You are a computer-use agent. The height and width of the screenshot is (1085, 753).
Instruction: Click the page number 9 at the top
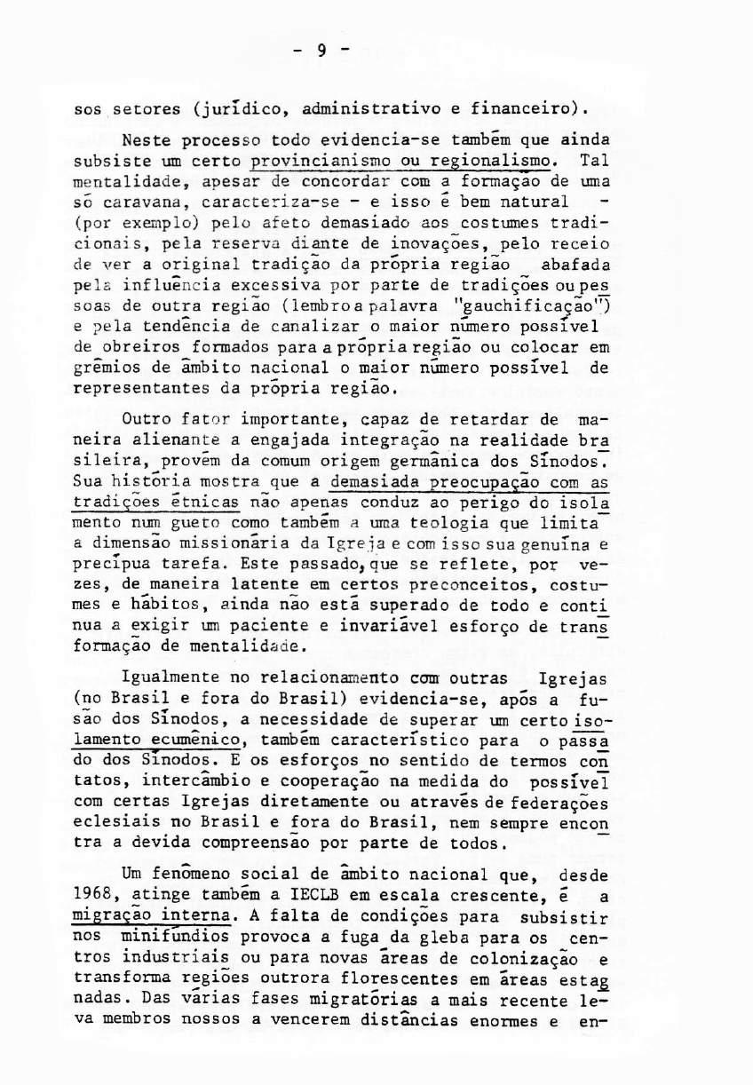(x=321, y=51)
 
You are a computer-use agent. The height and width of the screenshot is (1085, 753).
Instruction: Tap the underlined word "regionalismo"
(x=491, y=162)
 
